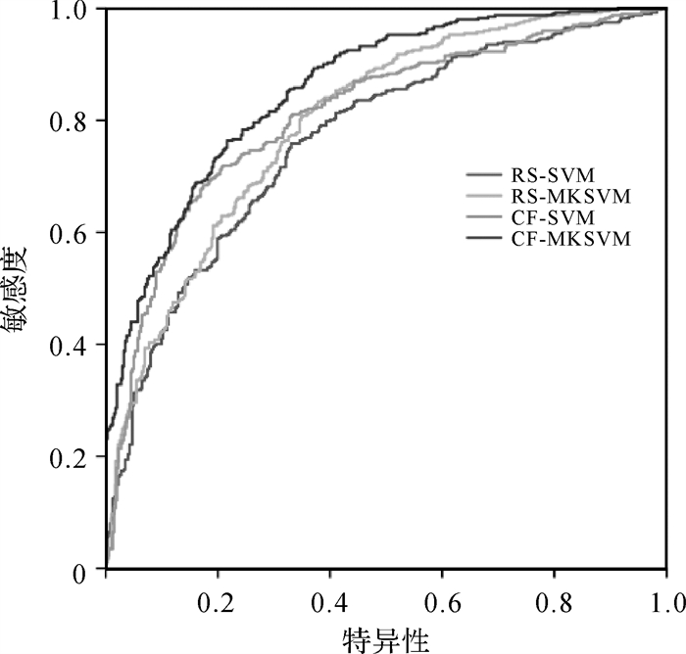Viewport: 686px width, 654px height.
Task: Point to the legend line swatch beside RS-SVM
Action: [483, 176]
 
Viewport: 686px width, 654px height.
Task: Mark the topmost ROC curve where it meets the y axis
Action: [106, 432]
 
